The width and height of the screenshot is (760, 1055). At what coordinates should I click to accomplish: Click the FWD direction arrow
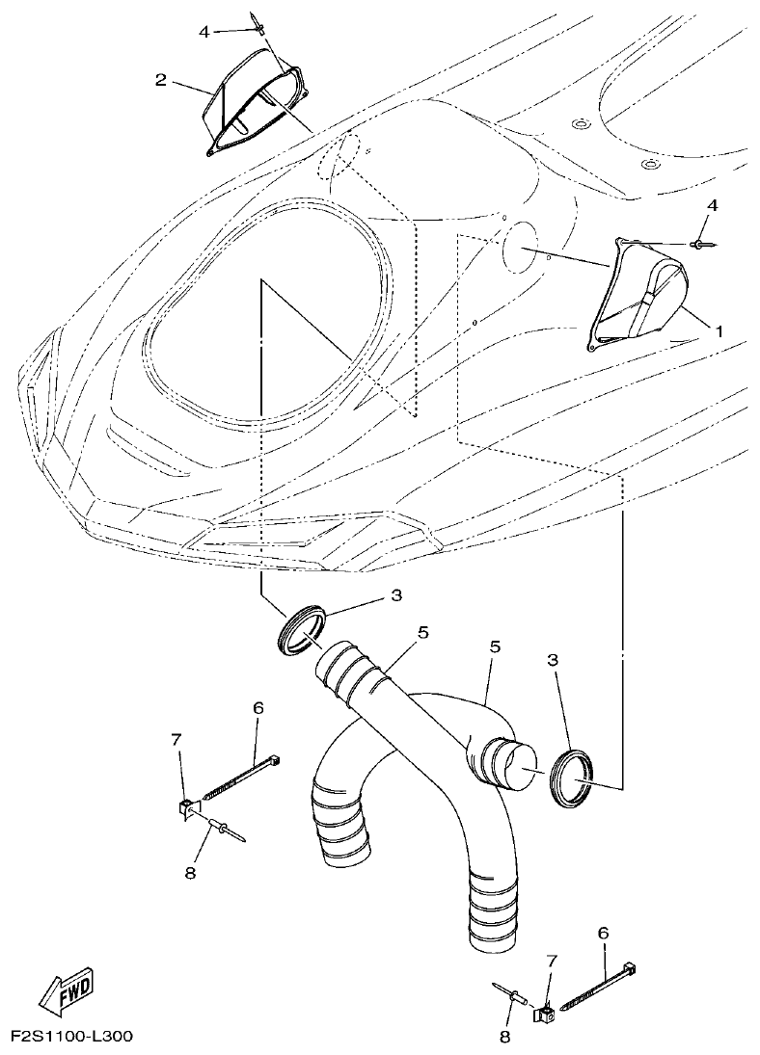[65, 989]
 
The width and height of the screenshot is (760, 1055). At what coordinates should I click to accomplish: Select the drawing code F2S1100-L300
[71, 1038]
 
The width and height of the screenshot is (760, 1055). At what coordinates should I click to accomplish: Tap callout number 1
[719, 329]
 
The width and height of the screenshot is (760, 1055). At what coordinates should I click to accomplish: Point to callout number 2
[161, 79]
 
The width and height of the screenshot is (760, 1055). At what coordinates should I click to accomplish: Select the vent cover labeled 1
[637, 294]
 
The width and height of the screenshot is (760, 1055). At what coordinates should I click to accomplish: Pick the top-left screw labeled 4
[256, 20]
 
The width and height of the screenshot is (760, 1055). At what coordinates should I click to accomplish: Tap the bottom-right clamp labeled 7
[546, 1013]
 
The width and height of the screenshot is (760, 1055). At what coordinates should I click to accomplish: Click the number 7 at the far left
[176, 739]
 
